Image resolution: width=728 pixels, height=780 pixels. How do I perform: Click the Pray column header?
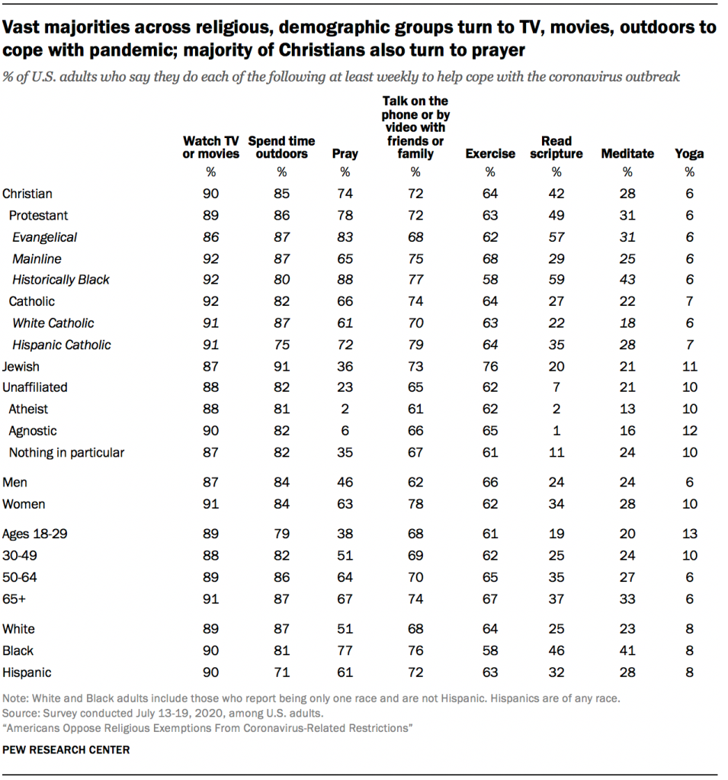pyautogui.click(x=345, y=153)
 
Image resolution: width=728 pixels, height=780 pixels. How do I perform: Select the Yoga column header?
pyautogui.click(x=689, y=153)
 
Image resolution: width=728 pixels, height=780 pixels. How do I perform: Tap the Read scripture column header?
pyautogui.click(x=556, y=147)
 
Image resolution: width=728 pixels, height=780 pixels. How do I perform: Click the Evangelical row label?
pyautogui.click(x=44, y=237)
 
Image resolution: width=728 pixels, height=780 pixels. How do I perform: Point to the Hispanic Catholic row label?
pyautogui.click(x=61, y=345)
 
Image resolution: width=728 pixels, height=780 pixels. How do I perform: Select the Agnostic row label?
pyautogui.click(x=33, y=431)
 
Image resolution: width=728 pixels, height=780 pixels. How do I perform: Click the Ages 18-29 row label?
pyautogui.click(x=35, y=534)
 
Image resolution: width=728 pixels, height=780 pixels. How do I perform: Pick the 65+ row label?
pyautogui.click(x=14, y=599)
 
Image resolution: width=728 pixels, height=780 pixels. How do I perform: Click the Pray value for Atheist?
pyautogui.click(x=345, y=409)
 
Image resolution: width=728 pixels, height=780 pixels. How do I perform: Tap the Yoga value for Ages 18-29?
pyautogui.click(x=689, y=534)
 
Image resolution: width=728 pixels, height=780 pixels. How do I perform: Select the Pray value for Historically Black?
pyautogui.click(x=345, y=280)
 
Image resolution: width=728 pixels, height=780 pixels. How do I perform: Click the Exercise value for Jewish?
pyautogui.click(x=490, y=367)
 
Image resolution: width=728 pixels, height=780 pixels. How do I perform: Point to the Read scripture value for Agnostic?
pyautogui.click(x=556, y=431)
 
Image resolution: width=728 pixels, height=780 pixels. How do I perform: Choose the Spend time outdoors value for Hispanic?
pyautogui.click(x=281, y=672)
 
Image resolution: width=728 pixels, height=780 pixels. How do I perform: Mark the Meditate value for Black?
pyautogui.click(x=627, y=651)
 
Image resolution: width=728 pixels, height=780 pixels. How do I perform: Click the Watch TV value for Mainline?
pyautogui.click(x=211, y=258)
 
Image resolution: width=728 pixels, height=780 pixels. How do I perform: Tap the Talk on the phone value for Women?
pyautogui.click(x=415, y=504)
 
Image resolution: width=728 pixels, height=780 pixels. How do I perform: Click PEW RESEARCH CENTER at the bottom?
pyautogui.click(x=66, y=750)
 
